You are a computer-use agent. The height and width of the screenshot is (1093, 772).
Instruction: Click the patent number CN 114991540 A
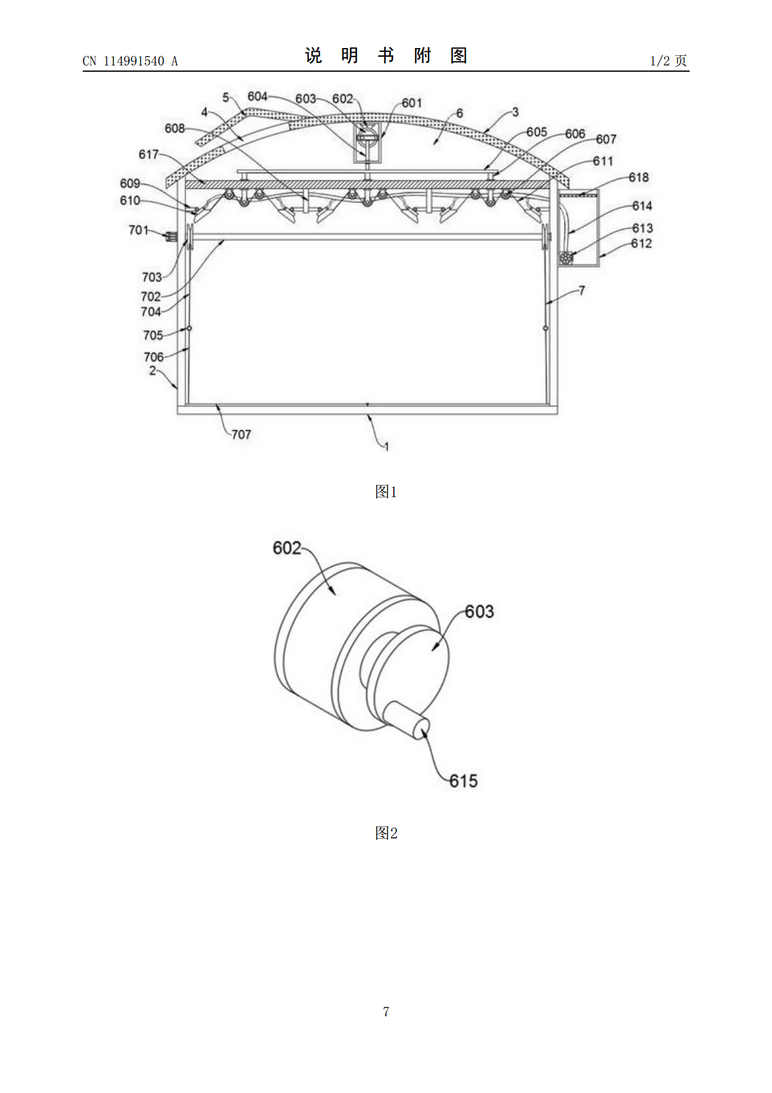click(x=130, y=61)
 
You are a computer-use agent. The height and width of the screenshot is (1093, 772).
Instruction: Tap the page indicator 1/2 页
click(x=668, y=60)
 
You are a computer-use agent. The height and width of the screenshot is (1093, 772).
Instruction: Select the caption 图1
click(x=386, y=491)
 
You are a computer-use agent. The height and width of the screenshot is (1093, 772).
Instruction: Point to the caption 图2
click(x=386, y=833)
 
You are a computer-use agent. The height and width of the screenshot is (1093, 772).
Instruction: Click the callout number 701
click(x=138, y=230)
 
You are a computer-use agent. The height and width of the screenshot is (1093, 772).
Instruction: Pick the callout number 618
click(x=638, y=177)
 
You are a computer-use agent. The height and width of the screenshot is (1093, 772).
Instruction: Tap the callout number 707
click(x=241, y=434)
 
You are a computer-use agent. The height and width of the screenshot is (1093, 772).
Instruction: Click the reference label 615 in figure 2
click(x=463, y=781)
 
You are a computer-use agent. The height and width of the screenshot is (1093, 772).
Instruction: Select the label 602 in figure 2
click(x=287, y=548)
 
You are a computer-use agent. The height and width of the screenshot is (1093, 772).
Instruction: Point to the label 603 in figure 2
click(x=479, y=611)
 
